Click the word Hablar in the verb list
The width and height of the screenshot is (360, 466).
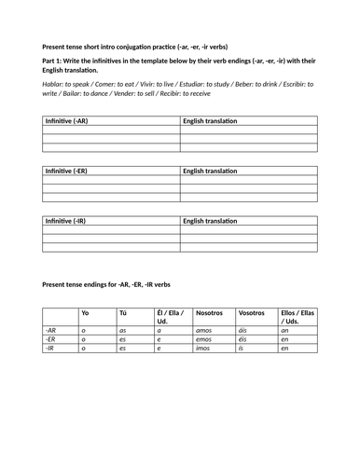[53, 83]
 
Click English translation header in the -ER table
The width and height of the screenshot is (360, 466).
[210, 171]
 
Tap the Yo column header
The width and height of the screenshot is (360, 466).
[86, 313]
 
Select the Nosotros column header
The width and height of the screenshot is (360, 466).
[210, 313]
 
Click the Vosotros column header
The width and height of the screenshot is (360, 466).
[252, 313]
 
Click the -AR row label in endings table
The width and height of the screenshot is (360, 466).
[51, 330]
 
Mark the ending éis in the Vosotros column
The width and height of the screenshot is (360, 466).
[243, 339]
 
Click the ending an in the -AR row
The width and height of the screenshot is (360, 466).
[284, 330]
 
